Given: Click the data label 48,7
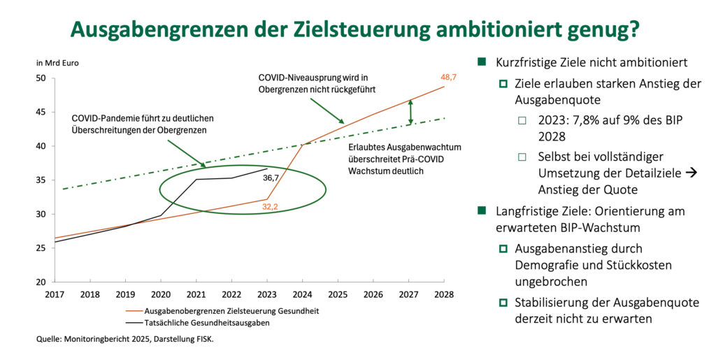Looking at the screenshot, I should [x=447, y=77].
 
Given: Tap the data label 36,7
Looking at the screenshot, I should [x=272, y=178].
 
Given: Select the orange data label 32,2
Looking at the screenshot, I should [x=271, y=206].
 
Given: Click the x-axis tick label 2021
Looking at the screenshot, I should [x=196, y=294].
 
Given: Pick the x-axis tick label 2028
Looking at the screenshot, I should [x=443, y=294].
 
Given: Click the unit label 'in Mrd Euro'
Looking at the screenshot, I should [x=57, y=64].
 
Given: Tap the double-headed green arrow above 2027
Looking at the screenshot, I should [x=410, y=113].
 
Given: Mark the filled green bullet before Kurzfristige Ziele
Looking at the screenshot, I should [x=482, y=62].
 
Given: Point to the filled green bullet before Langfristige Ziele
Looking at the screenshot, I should [x=482, y=211].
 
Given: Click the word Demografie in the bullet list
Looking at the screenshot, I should [x=544, y=266].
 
